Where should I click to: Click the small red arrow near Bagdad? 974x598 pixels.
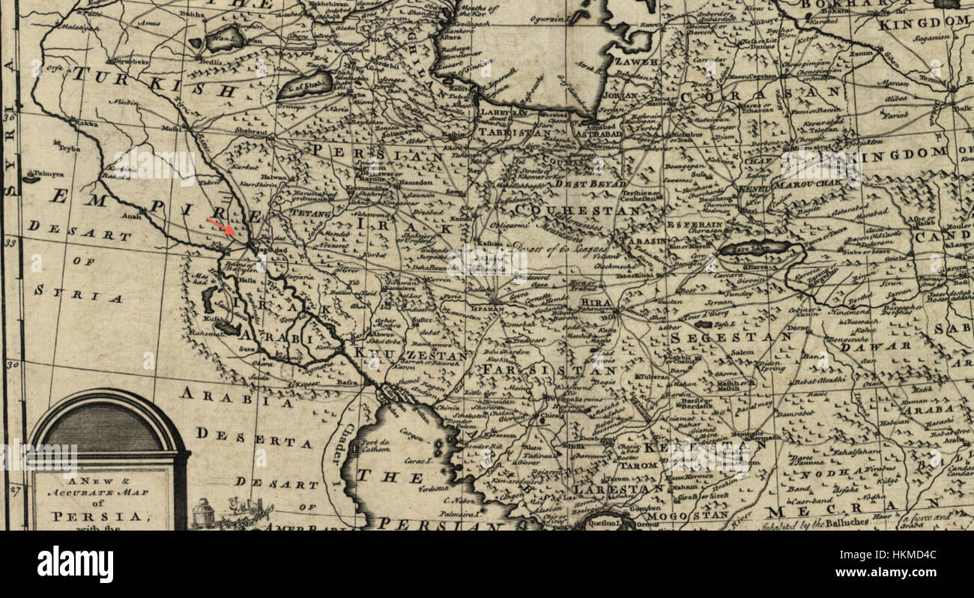click(222, 226)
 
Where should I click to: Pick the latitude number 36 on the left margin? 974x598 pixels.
click(9, 117)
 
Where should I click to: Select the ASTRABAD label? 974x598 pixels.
click(598, 135)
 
